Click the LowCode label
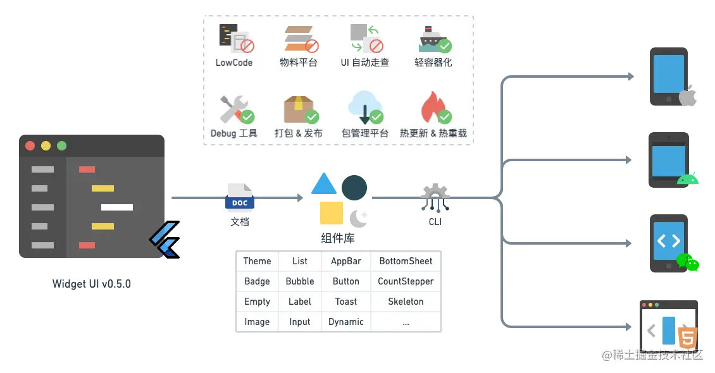233,63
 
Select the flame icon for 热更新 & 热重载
433,107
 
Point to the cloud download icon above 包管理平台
365,106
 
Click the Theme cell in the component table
257,261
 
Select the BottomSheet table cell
406,261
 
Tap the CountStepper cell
406,281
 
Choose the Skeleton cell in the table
406,302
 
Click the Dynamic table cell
345,322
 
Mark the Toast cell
345,302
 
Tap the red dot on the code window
30,145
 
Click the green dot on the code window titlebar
61,145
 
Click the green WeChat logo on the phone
688,262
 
